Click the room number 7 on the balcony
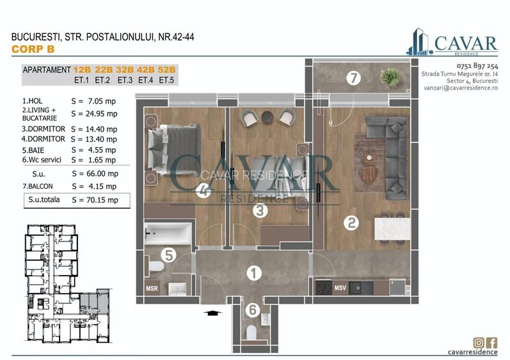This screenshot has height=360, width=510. coord(351,79)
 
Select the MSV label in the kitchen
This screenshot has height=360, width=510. coord(340,288)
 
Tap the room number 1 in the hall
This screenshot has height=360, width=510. coord(254,273)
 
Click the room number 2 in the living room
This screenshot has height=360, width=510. coord(351,223)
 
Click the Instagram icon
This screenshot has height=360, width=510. coord(479,343)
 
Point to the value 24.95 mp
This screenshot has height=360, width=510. coord(94,114)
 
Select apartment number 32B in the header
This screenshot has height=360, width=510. coord(125,70)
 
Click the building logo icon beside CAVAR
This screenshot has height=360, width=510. coord(420,42)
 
